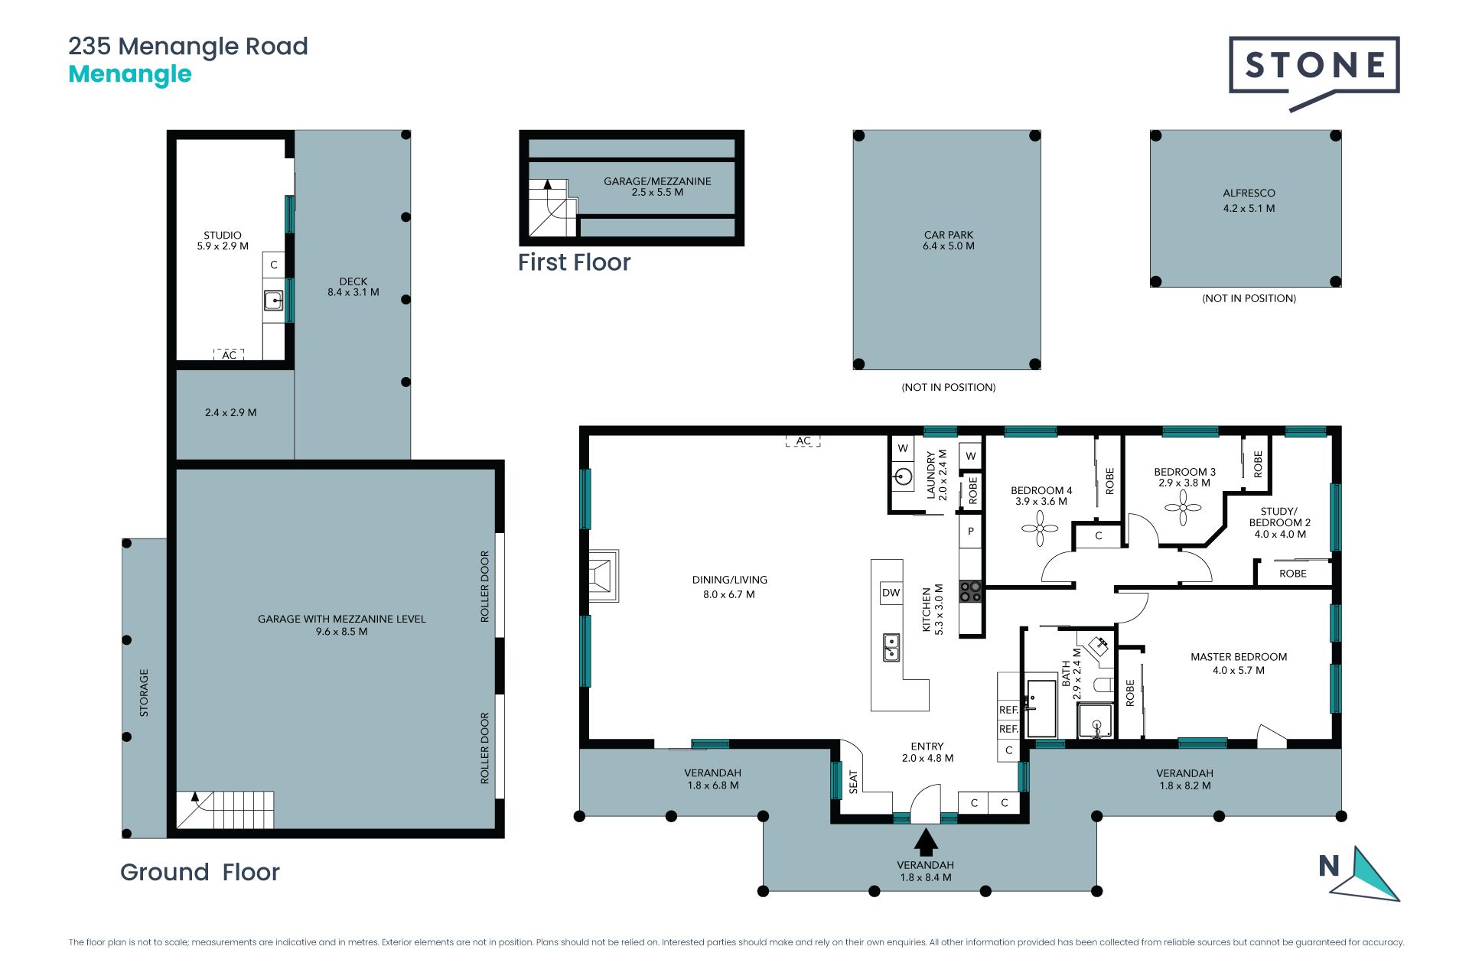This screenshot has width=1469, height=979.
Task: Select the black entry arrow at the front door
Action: click(x=926, y=842)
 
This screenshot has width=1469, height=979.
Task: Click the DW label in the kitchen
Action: click(x=891, y=593)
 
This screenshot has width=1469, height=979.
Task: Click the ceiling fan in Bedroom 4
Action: click(x=1040, y=528)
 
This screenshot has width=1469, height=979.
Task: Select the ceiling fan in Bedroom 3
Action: click(x=1183, y=508)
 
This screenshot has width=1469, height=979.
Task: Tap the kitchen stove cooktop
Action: click(x=971, y=592)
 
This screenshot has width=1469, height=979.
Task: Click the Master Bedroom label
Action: click(x=1239, y=657)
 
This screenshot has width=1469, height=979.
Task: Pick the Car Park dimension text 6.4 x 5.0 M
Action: click(x=949, y=246)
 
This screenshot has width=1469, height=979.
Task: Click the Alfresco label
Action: click(x=1249, y=194)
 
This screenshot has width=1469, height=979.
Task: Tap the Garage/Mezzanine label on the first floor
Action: click(x=657, y=181)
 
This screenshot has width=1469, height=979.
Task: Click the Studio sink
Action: click(x=273, y=300)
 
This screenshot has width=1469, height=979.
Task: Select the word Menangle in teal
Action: click(x=130, y=74)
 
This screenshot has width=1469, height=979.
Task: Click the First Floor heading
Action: click(x=575, y=262)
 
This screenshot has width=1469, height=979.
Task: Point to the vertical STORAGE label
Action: click(x=144, y=693)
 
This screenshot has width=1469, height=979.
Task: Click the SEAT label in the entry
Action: click(x=854, y=782)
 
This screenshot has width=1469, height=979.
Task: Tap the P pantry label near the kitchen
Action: click(x=971, y=532)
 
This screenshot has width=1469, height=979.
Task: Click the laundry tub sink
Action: click(x=903, y=477)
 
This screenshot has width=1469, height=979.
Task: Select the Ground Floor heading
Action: click(x=200, y=872)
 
